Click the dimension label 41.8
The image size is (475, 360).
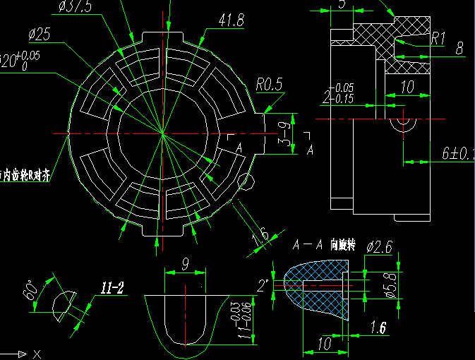232,20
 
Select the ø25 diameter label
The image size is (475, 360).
40,34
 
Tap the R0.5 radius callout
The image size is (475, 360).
269,85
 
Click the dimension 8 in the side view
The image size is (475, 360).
459,49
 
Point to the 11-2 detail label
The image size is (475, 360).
112,288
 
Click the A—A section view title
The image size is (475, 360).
308,246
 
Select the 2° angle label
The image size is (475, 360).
263,286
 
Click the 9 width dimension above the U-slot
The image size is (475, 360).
185,265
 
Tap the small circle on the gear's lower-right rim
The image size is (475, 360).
246,182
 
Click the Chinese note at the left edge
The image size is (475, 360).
25,174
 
